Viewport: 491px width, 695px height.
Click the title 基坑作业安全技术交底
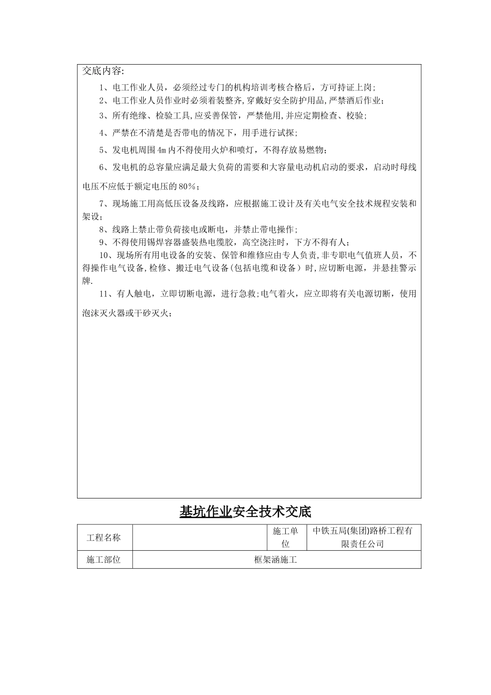(245, 512)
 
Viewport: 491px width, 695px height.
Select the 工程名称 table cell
(105, 538)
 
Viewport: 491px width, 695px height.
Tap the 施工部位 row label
(105, 560)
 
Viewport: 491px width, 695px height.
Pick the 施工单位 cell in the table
(286, 538)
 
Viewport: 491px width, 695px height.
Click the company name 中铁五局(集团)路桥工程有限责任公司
(363, 538)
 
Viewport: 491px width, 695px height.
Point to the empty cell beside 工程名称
(200, 538)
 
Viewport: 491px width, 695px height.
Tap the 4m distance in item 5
(162, 150)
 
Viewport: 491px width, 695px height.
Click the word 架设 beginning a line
(91, 217)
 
